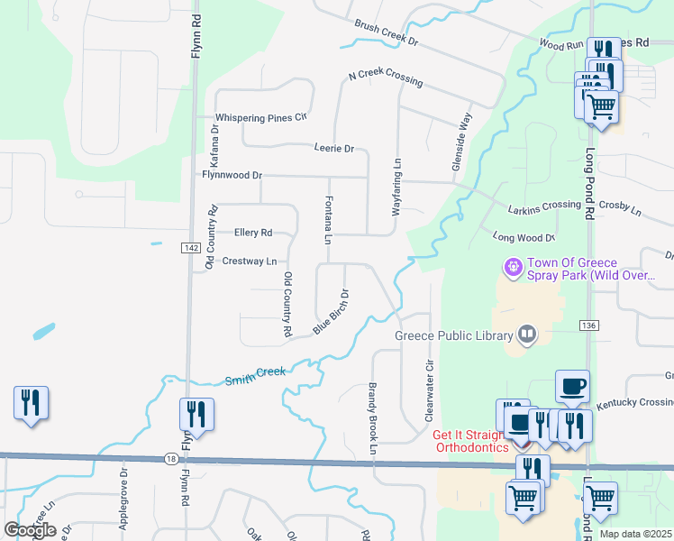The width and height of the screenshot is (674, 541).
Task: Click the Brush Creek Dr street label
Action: pos(387,35)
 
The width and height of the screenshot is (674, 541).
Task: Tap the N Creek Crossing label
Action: pos(385,78)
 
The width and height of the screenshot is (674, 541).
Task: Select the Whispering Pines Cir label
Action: pos(261,117)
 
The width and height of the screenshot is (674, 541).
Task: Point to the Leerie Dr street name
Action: pos(334,148)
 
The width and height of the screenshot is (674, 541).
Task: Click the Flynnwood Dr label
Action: pos(232,175)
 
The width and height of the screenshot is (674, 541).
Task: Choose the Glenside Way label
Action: pos(460,142)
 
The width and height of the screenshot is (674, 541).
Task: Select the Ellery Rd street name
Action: pos(252,233)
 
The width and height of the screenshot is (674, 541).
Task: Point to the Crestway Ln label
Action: pos(250,261)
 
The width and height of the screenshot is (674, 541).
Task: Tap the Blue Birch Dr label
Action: pos(331,312)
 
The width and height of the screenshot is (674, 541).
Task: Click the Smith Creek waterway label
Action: pos(255,372)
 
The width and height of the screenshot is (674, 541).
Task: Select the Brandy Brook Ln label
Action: pos(371,411)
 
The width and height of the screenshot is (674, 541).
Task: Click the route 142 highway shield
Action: pos(189,248)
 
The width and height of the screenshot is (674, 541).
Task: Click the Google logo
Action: pos(30,530)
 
